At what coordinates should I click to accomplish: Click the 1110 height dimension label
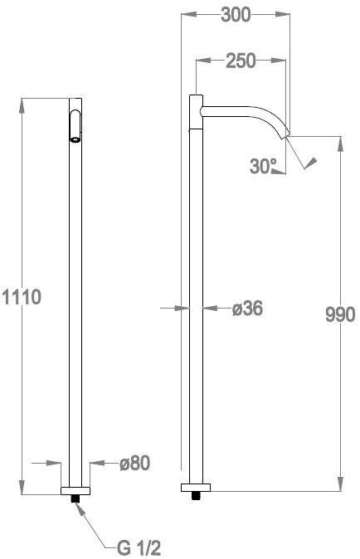20,295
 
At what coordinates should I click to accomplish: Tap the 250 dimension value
240,61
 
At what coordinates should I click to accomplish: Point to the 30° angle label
263,167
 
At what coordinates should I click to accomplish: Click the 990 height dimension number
340,314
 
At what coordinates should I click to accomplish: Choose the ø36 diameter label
246,309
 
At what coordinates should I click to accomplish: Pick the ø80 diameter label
134,464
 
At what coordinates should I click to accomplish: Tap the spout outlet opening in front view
75,139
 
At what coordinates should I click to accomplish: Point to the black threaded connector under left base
75,498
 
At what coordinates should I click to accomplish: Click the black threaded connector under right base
197,497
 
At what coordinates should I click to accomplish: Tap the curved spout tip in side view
285,133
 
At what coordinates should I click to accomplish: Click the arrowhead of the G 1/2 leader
80,506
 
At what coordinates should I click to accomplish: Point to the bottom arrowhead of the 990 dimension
340,489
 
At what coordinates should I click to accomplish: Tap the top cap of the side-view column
197,98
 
